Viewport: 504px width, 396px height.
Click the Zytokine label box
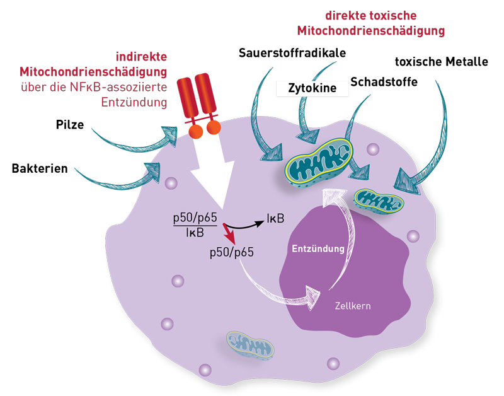point(312,89)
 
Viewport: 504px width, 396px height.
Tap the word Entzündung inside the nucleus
point(318,248)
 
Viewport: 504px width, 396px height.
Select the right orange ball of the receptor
point(214,129)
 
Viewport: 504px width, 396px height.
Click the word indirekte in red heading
point(142,56)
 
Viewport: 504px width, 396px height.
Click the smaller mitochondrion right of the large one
point(378,201)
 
